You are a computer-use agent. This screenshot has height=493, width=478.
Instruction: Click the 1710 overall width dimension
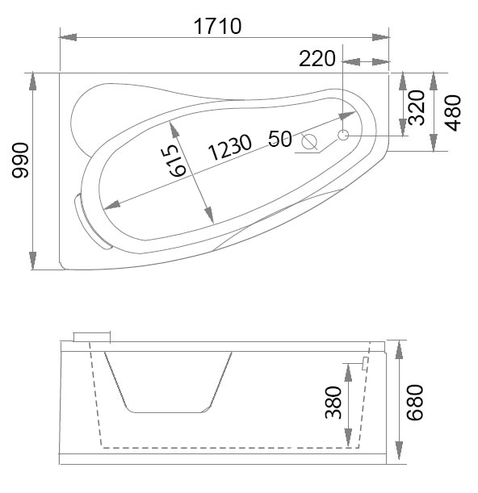(x=218, y=26)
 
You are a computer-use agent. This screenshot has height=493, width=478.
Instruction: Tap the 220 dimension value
(x=317, y=58)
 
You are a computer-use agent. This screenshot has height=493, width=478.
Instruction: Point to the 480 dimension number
(x=453, y=112)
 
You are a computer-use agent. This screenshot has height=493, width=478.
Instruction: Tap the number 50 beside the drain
(x=279, y=138)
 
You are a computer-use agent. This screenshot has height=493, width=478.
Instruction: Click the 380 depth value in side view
(x=333, y=401)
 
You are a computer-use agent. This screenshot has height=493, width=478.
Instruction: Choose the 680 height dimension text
(x=413, y=403)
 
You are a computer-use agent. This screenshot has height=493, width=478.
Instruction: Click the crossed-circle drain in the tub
(x=308, y=142)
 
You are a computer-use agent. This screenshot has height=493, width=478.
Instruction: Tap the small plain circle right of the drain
(x=343, y=136)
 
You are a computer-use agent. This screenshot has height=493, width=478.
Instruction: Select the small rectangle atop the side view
(x=90, y=336)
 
